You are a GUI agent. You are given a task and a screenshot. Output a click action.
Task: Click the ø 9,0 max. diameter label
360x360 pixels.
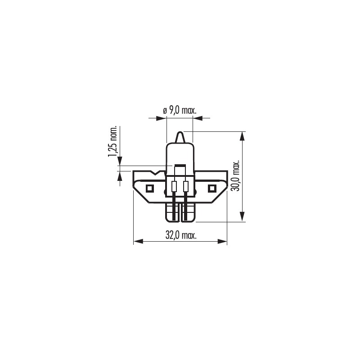point(180,111)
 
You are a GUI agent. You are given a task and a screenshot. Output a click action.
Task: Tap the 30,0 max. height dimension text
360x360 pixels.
point(236,175)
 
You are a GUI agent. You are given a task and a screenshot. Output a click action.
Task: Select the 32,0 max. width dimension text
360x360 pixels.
point(181,235)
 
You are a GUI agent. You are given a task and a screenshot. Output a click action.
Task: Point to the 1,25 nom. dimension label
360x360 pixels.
point(113,141)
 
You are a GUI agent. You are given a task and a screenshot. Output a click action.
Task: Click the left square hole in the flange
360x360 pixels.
point(149,189)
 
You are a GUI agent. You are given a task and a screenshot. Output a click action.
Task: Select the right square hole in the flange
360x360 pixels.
point(211,189)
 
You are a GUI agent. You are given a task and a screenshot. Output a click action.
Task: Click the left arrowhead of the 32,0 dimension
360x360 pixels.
point(138,241)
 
